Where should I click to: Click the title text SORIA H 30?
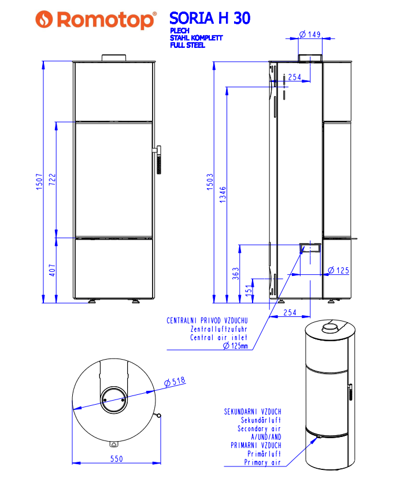(x=210, y=18)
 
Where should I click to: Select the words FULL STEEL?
(x=187, y=45)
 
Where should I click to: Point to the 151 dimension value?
(x=249, y=290)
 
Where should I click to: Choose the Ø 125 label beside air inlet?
(x=339, y=270)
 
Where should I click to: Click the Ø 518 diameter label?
(x=174, y=382)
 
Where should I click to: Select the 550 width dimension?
(x=116, y=459)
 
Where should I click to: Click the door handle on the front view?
(x=158, y=159)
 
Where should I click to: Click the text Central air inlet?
(x=218, y=338)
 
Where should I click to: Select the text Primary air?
(x=262, y=462)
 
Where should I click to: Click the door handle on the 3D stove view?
(x=349, y=392)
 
